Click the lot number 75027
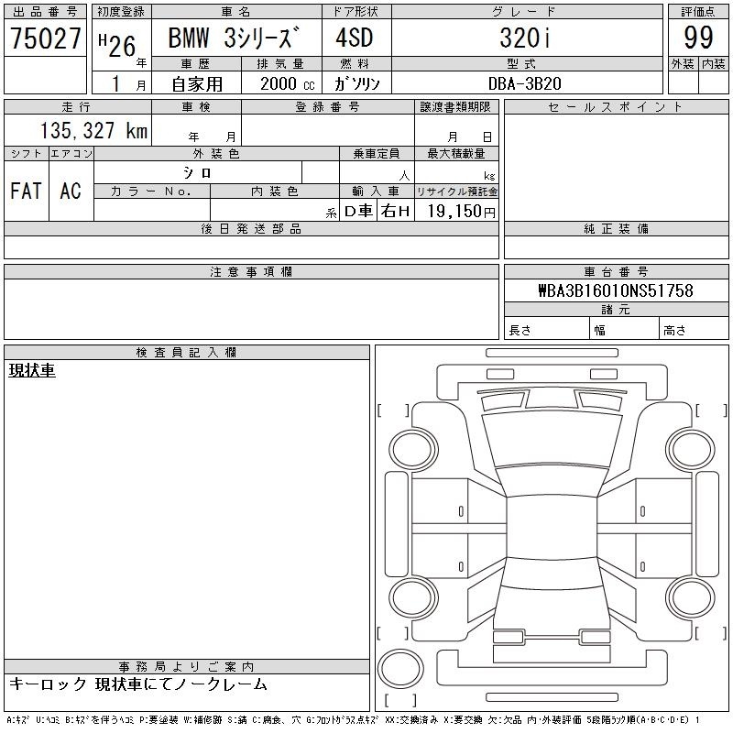point(45,38)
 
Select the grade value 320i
point(525,38)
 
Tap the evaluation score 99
point(698,38)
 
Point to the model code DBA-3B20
point(524,83)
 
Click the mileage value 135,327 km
point(93,130)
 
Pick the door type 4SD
point(355,38)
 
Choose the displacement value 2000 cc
point(287,84)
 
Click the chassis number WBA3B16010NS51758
point(616,290)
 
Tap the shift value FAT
point(26,191)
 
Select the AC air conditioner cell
point(71,191)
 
